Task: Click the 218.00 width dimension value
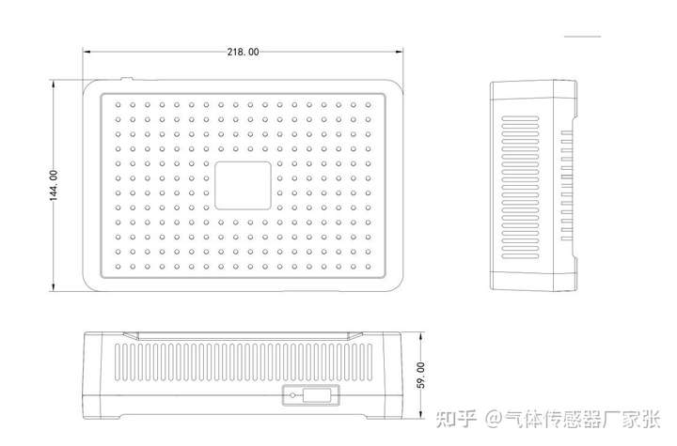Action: coord(243,52)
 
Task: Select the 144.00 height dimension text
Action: coord(54,185)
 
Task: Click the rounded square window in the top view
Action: coord(244,185)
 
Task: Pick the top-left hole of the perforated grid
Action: coord(118,103)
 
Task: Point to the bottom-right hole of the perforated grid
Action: coord(368,267)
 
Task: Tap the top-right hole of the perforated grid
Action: coord(368,103)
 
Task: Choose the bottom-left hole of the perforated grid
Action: coord(118,267)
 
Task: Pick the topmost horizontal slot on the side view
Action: coord(531,120)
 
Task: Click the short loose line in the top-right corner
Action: coord(582,36)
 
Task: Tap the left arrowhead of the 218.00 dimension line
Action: coord(87,52)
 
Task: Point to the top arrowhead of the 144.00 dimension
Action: coord(53,84)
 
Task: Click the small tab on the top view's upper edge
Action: coord(127,79)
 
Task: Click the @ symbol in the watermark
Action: coord(492,416)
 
